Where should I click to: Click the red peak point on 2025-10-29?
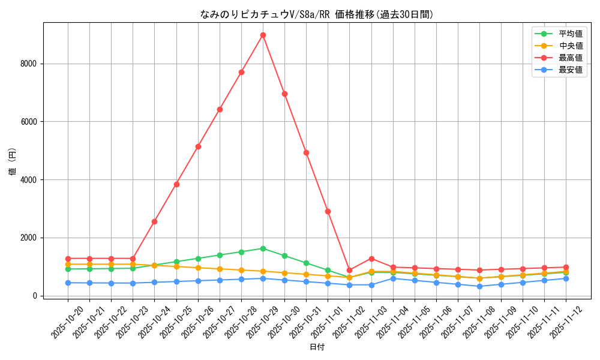(263, 35)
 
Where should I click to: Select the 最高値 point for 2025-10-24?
(154, 221)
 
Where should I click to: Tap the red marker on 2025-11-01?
(328, 211)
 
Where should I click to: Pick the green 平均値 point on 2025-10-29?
(263, 248)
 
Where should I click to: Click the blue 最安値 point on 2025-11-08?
(479, 286)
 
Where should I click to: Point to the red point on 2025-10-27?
(220, 109)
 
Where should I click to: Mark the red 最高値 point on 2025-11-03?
(371, 259)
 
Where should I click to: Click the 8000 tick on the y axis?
(28, 64)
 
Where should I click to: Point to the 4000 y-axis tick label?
(28, 180)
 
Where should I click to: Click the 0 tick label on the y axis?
(35, 296)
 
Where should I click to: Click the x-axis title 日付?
(317, 347)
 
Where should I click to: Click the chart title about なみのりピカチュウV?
(317, 14)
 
